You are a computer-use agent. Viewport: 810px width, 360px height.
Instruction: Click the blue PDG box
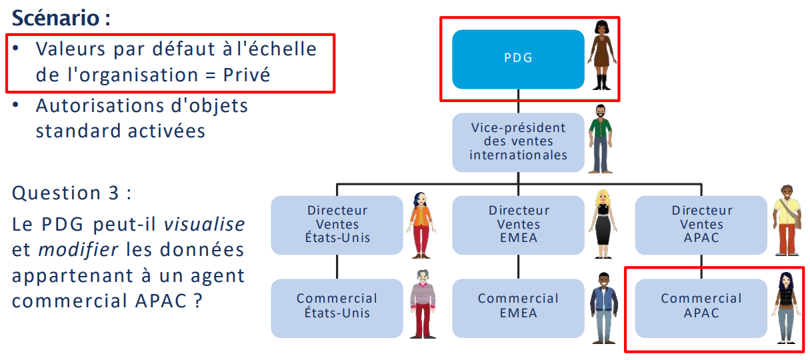pos(518,59)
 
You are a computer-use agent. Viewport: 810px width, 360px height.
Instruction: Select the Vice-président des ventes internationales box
pos(518,141)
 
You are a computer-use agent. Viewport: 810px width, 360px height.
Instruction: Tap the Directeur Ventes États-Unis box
pos(337,225)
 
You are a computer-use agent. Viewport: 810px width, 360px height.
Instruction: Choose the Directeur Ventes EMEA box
pos(518,225)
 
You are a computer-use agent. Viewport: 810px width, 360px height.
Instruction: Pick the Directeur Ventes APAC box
pos(701,225)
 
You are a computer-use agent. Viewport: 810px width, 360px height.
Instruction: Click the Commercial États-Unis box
pos(337,307)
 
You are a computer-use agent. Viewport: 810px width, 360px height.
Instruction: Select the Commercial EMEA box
pos(518,307)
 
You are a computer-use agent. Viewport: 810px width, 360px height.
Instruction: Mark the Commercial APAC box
pos(701,307)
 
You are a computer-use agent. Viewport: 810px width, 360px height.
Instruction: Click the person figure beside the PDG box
pos(603,55)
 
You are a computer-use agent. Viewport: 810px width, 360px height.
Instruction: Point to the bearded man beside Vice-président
pos(599,139)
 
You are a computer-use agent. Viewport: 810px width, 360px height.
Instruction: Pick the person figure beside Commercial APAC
pos(787,308)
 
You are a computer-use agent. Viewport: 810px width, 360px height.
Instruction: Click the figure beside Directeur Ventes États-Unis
pos(420,224)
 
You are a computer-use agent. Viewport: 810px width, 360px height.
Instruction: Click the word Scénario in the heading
pos(56,18)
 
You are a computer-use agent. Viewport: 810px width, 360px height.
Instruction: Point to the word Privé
pos(247,75)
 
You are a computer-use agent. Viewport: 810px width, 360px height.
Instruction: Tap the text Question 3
pos(71,193)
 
